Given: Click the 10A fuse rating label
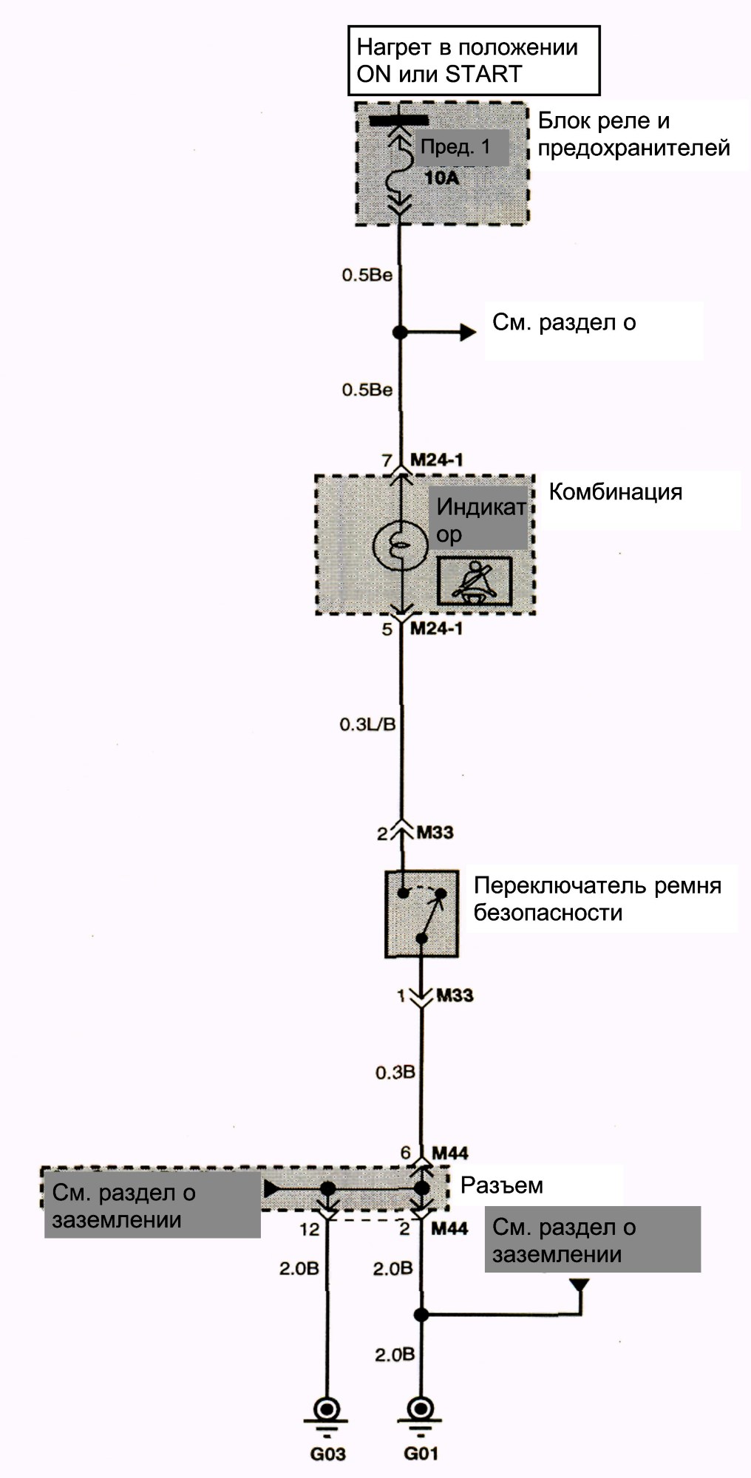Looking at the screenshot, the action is point(441,177).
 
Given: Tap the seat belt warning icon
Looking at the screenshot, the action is point(475,581).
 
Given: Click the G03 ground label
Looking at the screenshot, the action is point(327,1454).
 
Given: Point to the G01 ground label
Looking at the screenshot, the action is point(421,1454).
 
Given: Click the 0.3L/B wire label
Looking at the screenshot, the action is point(367,724).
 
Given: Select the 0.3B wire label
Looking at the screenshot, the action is point(395,1072).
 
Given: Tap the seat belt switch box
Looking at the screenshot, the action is point(421,914).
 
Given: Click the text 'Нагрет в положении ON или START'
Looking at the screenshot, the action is point(467,61).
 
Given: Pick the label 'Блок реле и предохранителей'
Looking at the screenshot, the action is point(633,134).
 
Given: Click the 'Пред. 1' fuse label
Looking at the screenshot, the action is point(455,146).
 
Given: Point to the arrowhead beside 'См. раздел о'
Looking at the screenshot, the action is point(468,333).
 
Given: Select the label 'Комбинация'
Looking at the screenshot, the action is point(615,492).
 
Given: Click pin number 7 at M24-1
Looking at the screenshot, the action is point(387,460).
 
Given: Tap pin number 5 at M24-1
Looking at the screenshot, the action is point(387,630).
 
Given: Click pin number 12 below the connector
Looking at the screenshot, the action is point(310,1228).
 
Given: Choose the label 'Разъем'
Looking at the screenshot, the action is point(502,1185).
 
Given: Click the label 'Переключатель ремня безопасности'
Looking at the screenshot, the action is point(597,899).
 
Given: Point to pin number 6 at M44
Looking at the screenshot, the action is point(405,1153).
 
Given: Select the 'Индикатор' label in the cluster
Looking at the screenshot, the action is point(480,520).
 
